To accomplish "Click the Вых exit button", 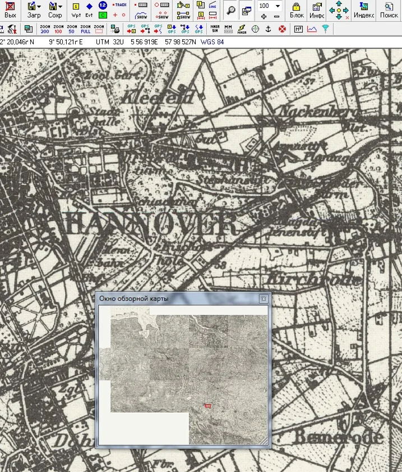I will tap(10, 10).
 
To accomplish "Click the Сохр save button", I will tap(54, 10).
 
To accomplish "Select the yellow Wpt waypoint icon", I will tap(76, 10).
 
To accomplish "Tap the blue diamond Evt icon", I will tap(89, 10).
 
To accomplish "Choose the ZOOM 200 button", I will tap(45, 29).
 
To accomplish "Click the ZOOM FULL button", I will tap(86, 29).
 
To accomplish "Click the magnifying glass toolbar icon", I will tap(230, 10).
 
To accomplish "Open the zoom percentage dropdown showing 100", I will tap(277, 6).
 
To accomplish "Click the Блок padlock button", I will tap(297, 10).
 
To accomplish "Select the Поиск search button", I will tap(389, 10).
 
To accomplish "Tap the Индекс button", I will tap(364, 10).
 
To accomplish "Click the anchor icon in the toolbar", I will tap(268, 29).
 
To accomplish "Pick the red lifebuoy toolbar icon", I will tap(282, 29).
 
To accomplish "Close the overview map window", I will tap(263, 299).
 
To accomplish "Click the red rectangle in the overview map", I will tap(209, 405).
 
